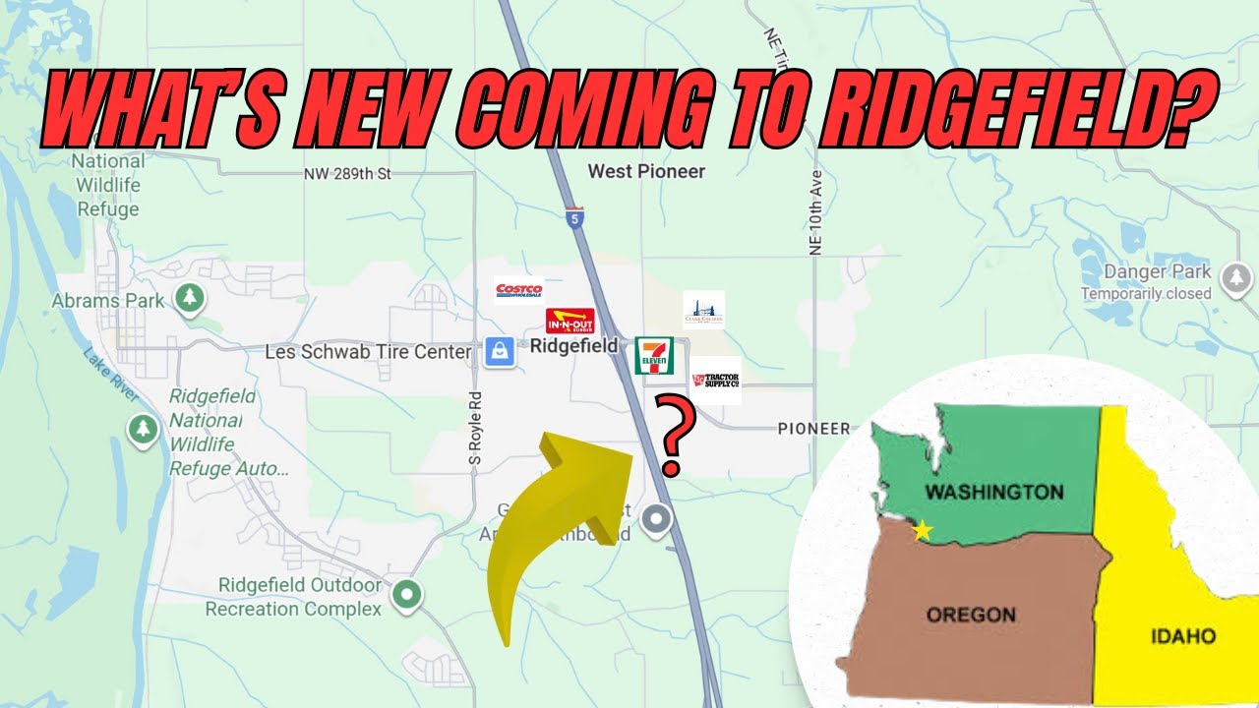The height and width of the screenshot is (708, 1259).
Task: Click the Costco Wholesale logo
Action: click(518, 290)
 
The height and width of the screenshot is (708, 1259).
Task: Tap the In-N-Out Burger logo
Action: click(570, 321)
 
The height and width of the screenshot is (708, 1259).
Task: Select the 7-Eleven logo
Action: click(654, 355)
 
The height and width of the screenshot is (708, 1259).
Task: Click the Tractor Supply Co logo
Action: click(715, 381)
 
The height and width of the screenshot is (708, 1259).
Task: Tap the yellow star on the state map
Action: click(923, 531)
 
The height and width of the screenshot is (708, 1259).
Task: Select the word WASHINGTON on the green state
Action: click(994, 492)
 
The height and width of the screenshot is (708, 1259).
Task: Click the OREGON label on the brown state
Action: click(971, 615)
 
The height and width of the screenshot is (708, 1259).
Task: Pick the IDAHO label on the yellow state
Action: click(1183, 636)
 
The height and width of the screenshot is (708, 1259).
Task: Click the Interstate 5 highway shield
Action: click(575, 217)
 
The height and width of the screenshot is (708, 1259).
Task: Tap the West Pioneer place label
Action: click(646, 171)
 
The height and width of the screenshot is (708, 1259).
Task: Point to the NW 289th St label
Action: click(348, 174)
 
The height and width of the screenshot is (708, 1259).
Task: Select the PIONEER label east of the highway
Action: click(813, 429)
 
